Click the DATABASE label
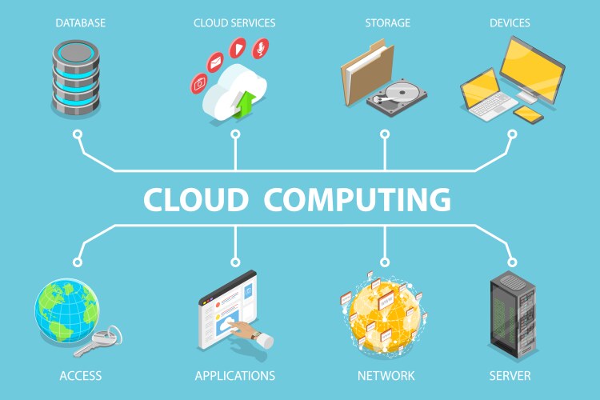tap(80, 23)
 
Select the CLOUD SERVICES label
tap(235, 23)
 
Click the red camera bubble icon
tap(199, 82)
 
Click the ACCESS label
tap(80, 375)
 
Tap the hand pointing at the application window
tap(253, 333)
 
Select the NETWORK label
tap(386, 375)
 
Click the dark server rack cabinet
tap(510, 316)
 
